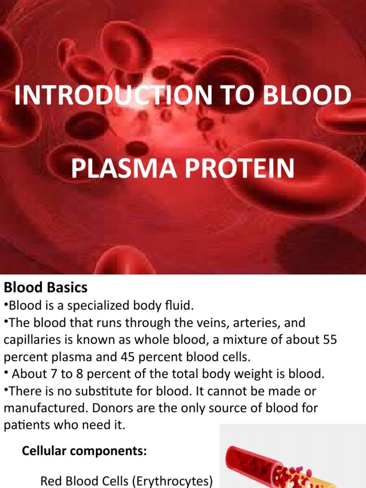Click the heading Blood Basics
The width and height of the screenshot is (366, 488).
[x=46, y=287]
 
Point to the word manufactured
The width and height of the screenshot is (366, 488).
[x=42, y=408]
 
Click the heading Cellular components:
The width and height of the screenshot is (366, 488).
[x=84, y=451]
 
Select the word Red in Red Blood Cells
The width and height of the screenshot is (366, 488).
[x=51, y=481]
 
